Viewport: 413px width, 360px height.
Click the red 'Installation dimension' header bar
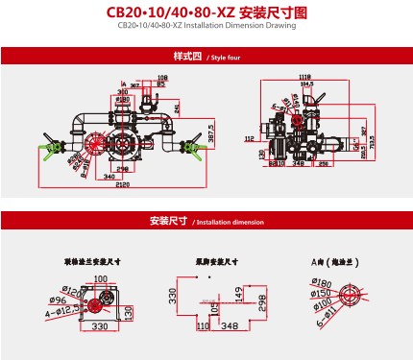point(206,221)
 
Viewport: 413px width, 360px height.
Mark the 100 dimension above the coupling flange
point(101,278)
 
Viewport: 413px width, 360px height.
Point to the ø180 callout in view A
point(322,282)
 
